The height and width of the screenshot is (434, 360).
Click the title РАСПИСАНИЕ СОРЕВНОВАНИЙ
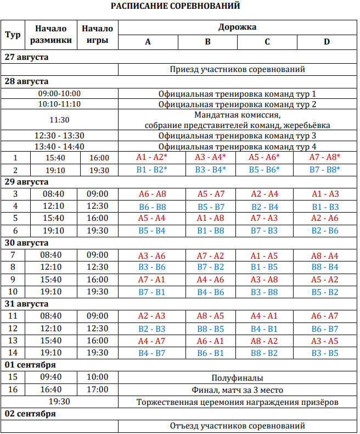[x=175, y=6]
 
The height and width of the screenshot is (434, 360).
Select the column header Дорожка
[x=237, y=27]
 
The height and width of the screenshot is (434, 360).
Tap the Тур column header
[x=13, y=34]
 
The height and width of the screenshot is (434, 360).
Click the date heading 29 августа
[x=27, y=181]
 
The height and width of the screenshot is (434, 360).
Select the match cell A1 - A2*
[x=148, y=158]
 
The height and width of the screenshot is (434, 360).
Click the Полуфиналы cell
[x=237, y=378]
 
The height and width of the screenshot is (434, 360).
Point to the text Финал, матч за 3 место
[x=237, y=390]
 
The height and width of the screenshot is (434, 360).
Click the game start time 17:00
[x=99, y=390]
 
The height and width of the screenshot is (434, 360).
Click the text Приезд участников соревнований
[x=237, y=69]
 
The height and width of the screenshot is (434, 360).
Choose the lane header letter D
[x=327, y=42]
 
